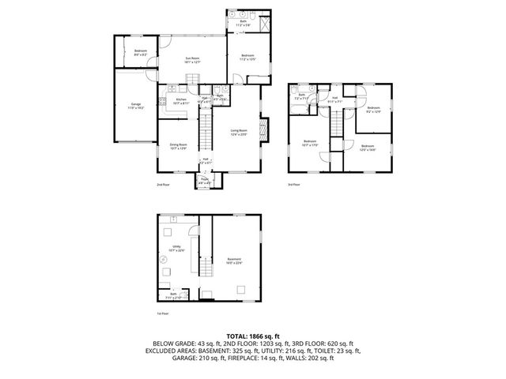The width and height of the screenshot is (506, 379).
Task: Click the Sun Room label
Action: [x=192, y=60]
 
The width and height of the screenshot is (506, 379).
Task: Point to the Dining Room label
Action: [x=178, y=146]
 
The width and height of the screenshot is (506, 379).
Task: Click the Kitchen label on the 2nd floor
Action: [x=181, y=100]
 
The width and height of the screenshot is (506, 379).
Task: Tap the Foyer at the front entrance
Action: [x=205, y=182]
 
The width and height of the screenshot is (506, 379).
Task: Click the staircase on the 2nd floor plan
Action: [x=205, y=130]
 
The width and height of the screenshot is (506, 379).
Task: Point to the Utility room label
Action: [x=176, y=248]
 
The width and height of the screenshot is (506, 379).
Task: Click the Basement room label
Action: [x=234, y=260]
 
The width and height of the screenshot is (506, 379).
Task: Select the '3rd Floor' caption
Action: [x=294, y=183]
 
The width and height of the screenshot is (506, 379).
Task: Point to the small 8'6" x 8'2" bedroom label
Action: [x=140, y=52]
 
